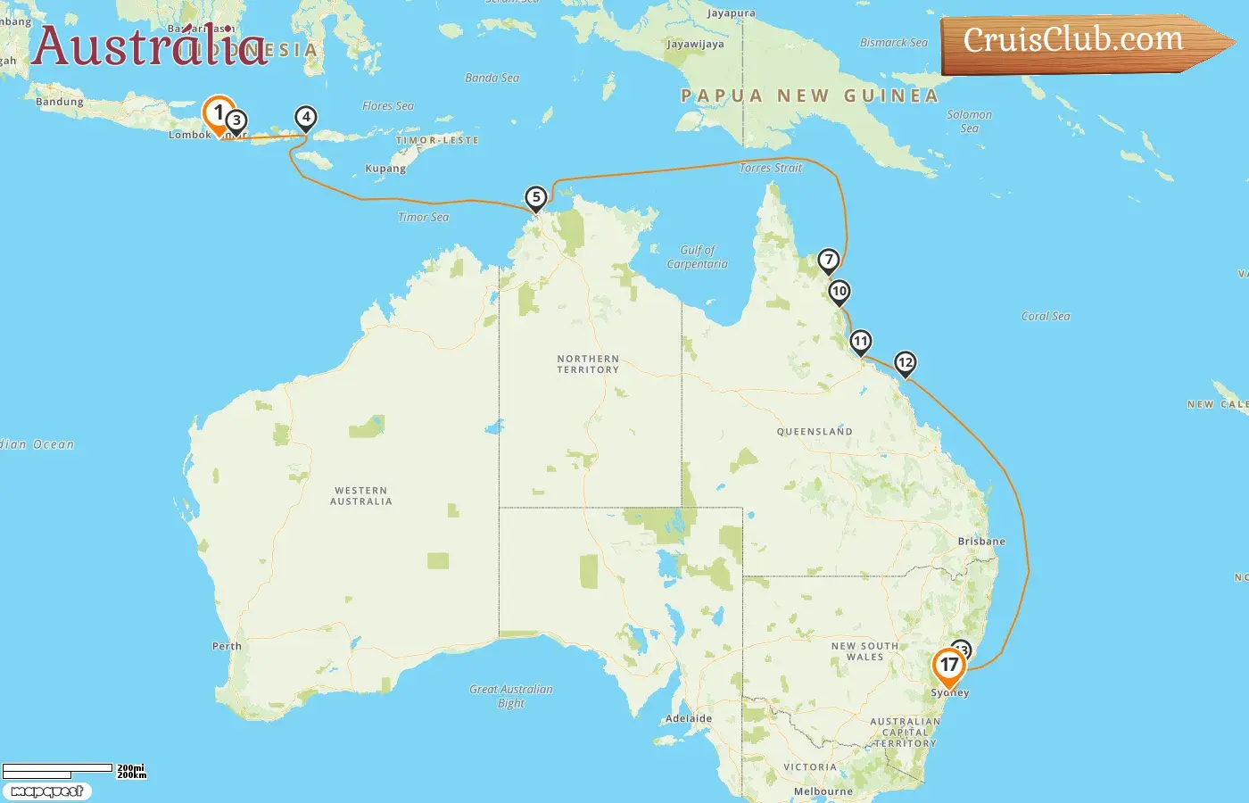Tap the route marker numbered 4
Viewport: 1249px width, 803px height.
coord(306,117)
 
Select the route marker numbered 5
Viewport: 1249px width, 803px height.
coord(535,198)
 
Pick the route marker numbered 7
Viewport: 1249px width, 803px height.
coord(829,261)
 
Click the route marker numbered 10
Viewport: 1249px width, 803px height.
coord(839,292)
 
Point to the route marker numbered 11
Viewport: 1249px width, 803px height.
coord(860,342)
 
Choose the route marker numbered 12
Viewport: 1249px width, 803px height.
coord(906,362)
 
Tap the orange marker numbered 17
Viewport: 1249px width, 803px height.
coord(948,666)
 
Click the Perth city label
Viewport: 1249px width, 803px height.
coord(227,646)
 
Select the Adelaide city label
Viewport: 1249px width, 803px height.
coord(689,718)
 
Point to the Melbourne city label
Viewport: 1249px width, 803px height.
coord(823,791)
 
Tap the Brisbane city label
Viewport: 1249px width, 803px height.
coord(981,542)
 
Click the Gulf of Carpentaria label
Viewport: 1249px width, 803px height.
coord(697,257)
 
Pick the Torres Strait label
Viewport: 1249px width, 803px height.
coord(771,168)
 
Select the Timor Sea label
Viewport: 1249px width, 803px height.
coord(424,217)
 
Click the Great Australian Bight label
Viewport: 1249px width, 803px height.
coord(511,696)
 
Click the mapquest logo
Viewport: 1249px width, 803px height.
coord(46,791)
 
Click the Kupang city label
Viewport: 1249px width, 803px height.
coord(385,169)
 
